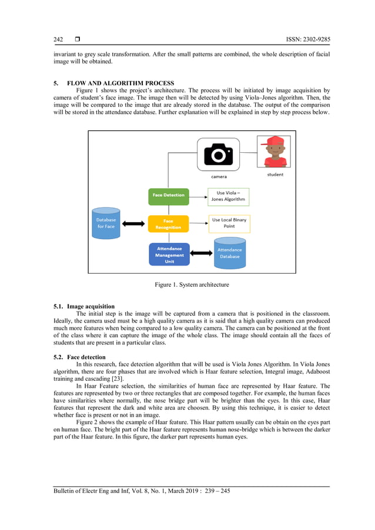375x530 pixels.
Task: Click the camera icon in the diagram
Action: tap(218, 154)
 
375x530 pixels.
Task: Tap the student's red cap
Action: tap(274, 143)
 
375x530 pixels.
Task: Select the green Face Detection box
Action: tap(168, 196)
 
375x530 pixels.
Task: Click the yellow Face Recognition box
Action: tap(168, 224)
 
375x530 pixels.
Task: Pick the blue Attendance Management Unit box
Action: tap(169, 254)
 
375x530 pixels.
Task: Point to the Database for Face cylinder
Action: tap(106, 223)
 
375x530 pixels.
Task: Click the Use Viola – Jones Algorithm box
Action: tap(229, 196)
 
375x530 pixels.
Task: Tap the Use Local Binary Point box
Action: tap(229, 223)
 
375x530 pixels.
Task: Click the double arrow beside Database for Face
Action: tap(133, 223)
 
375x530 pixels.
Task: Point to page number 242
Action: tap(58, 39)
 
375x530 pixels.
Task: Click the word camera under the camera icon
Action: tap(219, 176)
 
